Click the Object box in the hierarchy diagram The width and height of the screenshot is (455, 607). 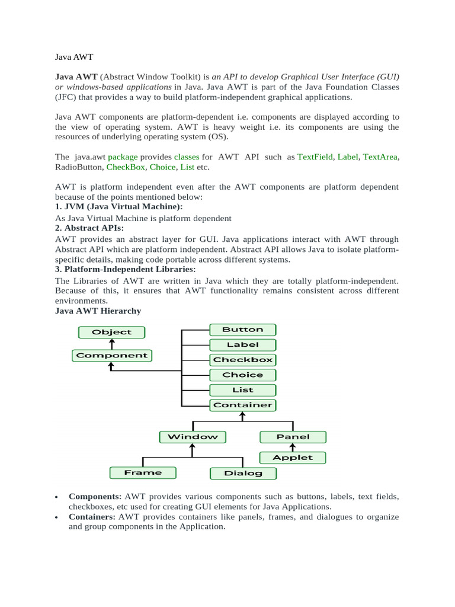point(112,333)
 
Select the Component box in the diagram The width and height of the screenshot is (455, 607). point(112,356)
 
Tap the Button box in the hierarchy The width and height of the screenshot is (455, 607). point(242,330)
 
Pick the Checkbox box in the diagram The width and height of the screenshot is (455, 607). point(242,360)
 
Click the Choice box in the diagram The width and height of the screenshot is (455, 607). point(242,375)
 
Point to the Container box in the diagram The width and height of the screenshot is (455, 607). point(242,405)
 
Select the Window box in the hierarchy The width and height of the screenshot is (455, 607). point(193,437)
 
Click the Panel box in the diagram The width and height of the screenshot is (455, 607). point(293,437)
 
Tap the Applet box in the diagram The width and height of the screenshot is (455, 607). point(293,458)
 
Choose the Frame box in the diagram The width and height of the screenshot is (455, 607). point(143,472)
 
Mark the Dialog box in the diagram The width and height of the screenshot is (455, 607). point(243,473)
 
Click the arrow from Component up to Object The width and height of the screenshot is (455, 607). point(112,344)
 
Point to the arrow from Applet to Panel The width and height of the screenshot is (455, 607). point(293,448)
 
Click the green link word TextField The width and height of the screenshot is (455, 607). point(315,157)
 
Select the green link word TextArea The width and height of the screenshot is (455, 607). point(380,157)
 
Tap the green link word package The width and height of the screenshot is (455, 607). point(123,157)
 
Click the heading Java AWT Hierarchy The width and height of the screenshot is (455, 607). point(98,311)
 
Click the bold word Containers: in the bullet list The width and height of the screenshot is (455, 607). point(92,517)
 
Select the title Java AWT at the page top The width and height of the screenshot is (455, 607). point(74,57)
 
